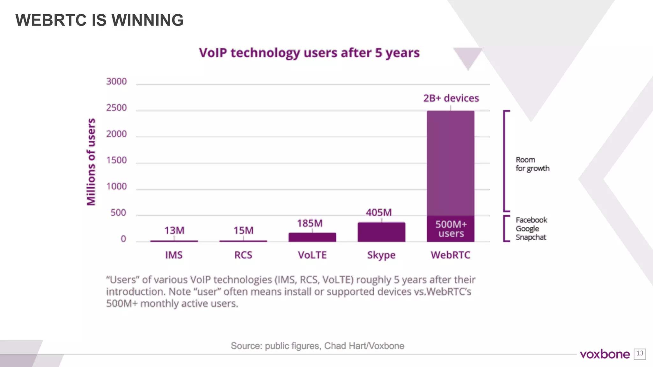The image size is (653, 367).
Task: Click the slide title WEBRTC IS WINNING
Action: (99, 20)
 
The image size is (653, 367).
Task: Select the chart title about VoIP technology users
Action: (309, 53)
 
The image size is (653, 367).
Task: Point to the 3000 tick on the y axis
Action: (116, 82)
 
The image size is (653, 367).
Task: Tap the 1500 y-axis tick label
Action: (116, 160)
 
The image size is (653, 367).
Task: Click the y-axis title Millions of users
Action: (91, 162)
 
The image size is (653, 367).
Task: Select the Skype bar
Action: (381, 232)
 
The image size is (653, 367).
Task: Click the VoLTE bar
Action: (312, 237)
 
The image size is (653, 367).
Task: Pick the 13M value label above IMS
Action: (174, 230)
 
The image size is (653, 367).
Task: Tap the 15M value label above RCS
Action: (243, 230)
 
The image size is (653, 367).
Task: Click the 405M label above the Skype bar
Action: (378, 212)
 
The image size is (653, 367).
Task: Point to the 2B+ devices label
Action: (451, 98)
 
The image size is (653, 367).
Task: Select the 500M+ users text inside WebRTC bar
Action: (451, 229)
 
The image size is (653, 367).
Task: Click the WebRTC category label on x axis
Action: (450, 255)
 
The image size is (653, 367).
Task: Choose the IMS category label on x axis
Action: (174, 255)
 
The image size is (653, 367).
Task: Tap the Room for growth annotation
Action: (532, 164)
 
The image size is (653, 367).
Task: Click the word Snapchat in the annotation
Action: (531, 237)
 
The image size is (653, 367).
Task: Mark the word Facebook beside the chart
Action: (531, 220)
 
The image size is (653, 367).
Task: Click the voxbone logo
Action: (605, 354)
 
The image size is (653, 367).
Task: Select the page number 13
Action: (640, 353)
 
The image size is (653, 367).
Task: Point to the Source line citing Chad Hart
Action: (317, 346)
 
